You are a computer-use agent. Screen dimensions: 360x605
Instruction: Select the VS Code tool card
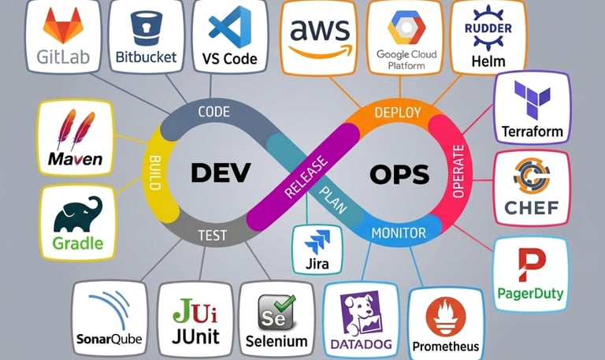click(x=229, y=36)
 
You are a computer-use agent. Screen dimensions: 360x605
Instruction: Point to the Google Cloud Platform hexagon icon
click(x=406, y=28)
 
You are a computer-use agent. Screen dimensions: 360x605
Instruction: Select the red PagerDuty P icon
click(x=530, y=265)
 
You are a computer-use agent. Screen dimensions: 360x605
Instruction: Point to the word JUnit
click(x=195, y=336)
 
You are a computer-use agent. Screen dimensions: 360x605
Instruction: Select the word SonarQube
click(x=109, y=340)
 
